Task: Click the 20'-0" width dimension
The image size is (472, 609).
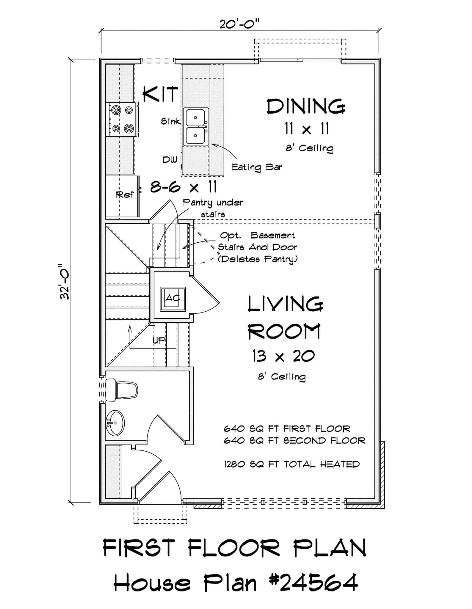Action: coord(240,23)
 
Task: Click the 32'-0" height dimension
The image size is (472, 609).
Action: coord(65,281)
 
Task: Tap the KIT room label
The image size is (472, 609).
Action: coord(161,94)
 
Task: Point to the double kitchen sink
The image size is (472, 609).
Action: coord(195,127)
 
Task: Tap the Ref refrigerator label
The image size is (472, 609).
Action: coord(125,195)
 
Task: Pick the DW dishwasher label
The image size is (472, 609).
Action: coord(170,160)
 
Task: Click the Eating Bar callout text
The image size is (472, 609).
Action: coord(257,167)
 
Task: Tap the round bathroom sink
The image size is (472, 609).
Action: coord(115,423)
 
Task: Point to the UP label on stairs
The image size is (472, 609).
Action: coord(159,341)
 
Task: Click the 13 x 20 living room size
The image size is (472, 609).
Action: coord(283,356)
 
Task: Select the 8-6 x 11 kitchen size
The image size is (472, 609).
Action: coord(183,187)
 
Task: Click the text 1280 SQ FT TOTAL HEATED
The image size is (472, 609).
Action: coord(292,464)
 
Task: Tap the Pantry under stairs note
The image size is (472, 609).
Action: coord(213,208)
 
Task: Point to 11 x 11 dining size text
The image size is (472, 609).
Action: coord(307,129)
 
